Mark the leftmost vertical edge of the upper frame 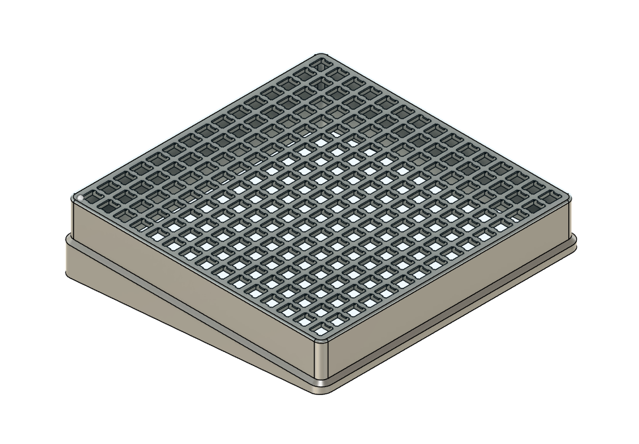(x=72, y=218)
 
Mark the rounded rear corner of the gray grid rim (x=321, y=56)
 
